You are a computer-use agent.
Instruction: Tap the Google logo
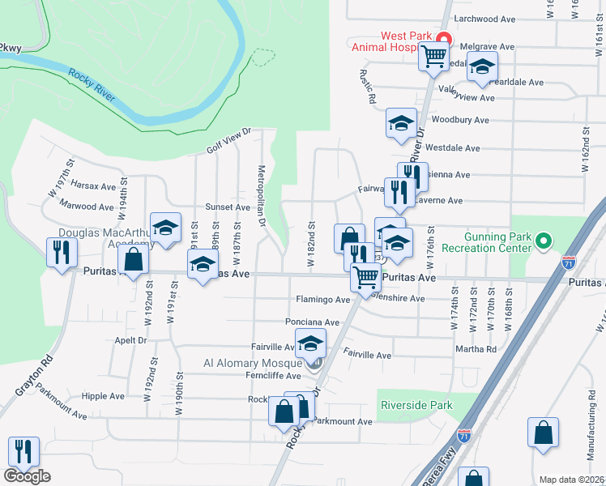point(27,475)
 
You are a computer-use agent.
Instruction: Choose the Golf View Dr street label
point(229,139)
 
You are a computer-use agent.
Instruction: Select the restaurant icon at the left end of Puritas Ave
point(62,252)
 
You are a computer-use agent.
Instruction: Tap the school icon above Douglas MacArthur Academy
point(165,229)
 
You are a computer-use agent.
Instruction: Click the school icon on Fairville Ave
point(309,344)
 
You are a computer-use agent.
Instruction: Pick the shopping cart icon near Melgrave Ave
point(433,57)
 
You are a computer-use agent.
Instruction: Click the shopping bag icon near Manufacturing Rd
point(543,433)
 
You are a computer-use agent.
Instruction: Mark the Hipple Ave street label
point(103,396)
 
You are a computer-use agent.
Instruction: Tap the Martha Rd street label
point(480,349)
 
